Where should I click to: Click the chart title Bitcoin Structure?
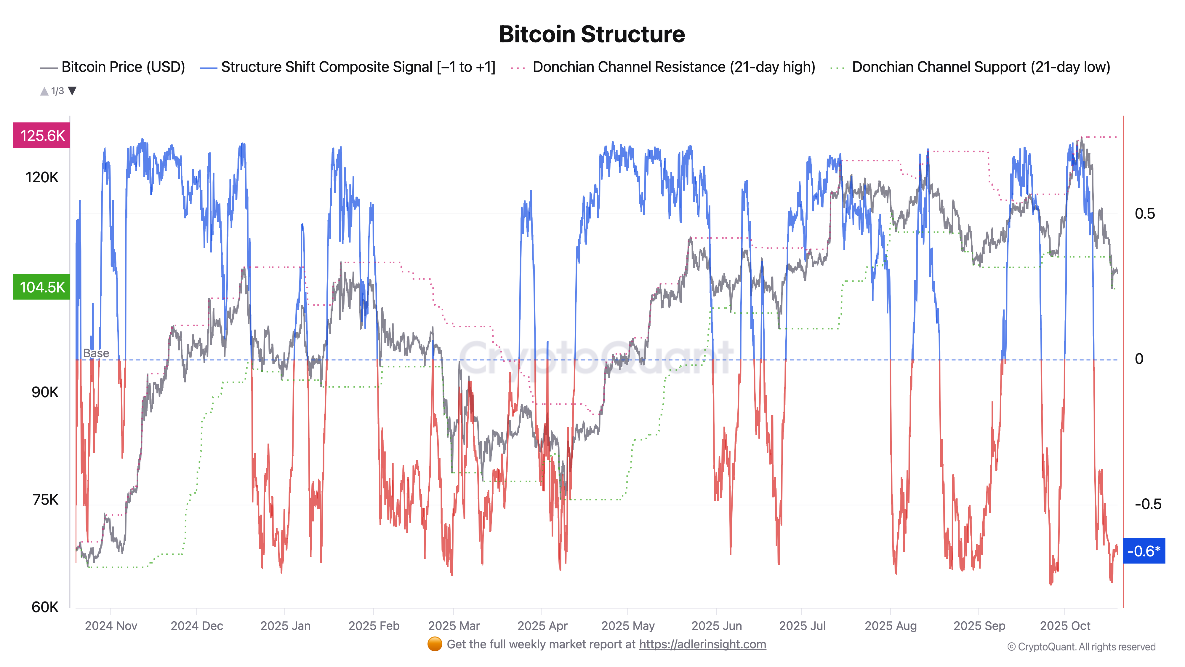tap(592, 34)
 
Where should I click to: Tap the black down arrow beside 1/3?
tap(72, 91)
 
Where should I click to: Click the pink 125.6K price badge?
tap(42, 135)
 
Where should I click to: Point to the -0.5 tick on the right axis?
tap(1147, 504)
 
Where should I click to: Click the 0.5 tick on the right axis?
tap(1144, 213)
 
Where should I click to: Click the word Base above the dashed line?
tap(96, 353)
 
